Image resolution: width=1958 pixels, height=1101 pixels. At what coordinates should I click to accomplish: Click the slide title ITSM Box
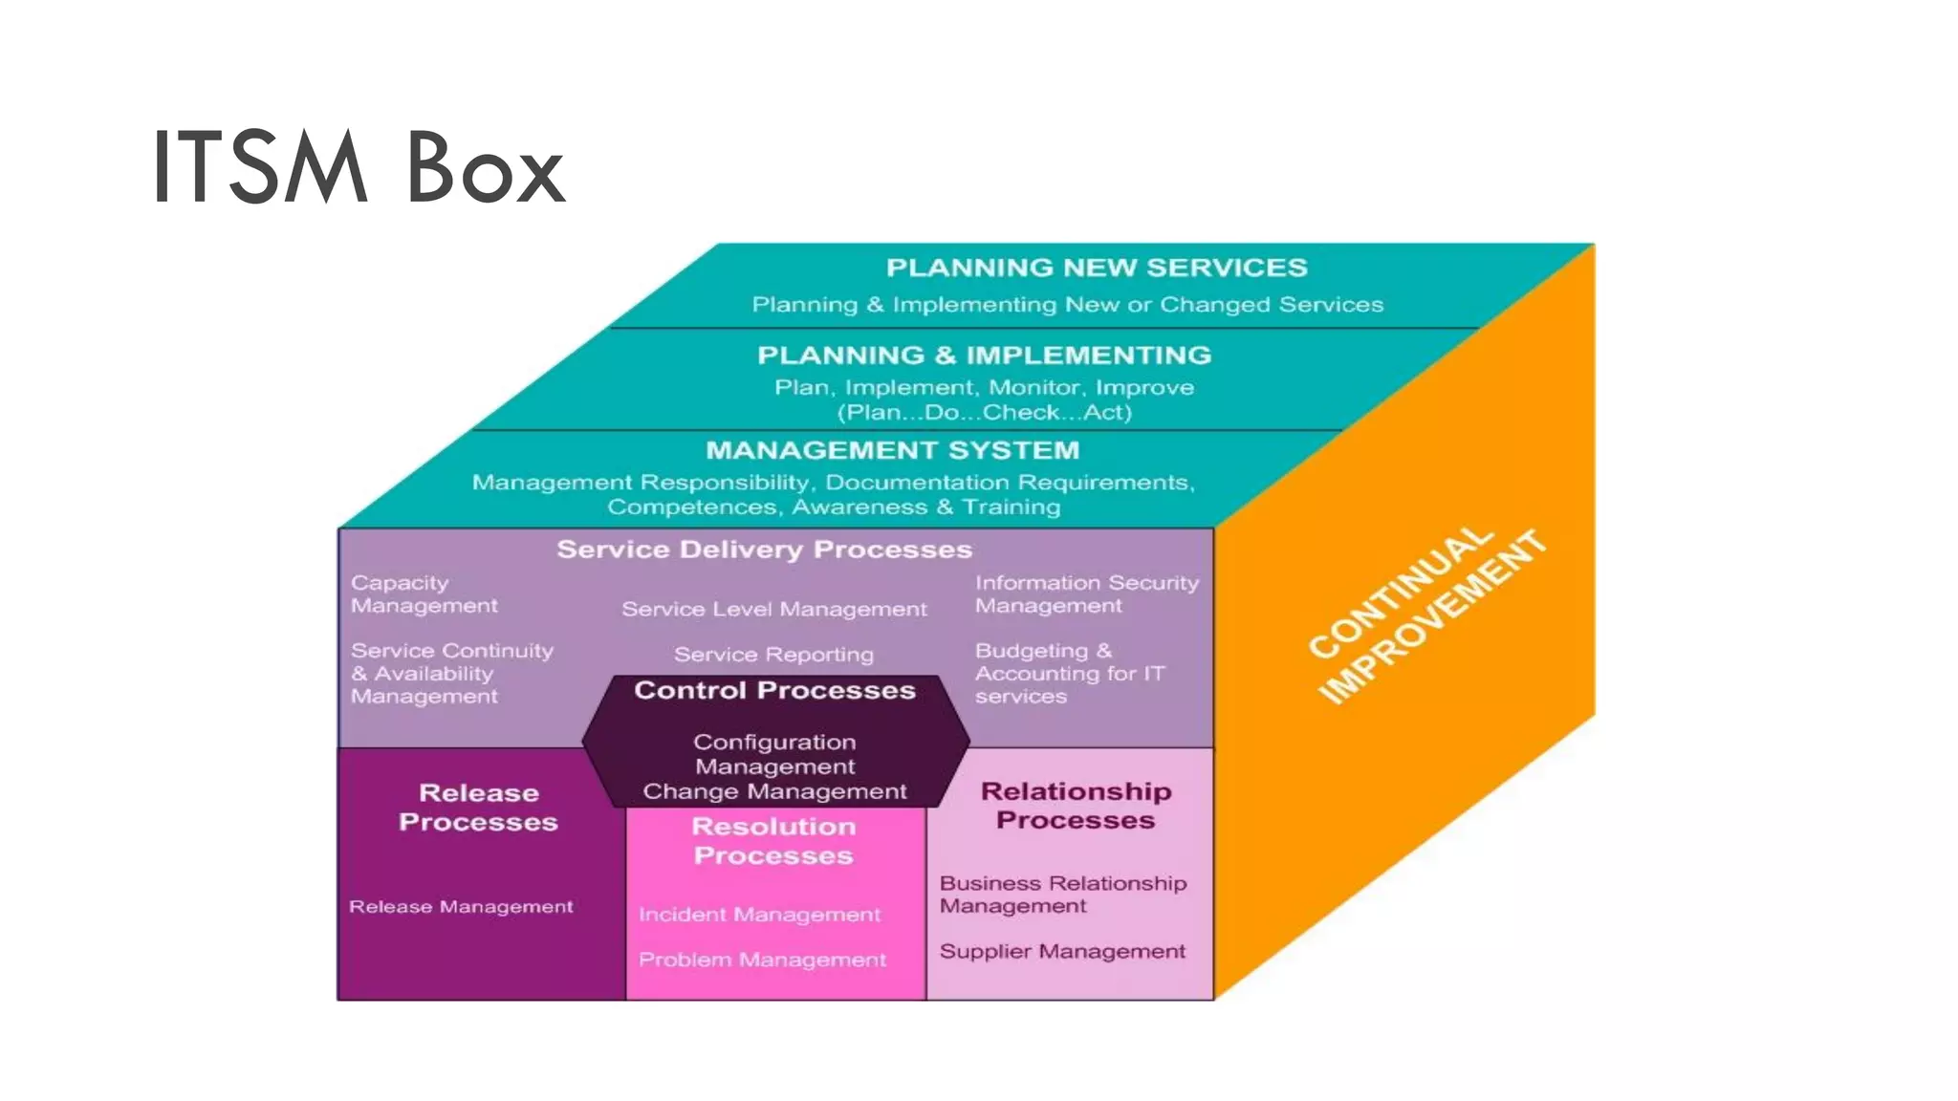(x=359, y=168)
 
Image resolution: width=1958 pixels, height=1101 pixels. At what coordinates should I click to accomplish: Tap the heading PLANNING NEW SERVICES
(x=1096, y=268)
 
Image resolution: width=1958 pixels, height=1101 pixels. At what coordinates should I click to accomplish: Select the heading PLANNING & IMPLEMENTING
(x=984, y=356)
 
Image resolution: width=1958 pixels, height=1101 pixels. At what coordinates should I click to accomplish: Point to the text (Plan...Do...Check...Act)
(x=984, y=413)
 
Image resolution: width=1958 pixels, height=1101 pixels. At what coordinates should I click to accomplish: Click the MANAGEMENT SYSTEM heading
(x=892, y=450)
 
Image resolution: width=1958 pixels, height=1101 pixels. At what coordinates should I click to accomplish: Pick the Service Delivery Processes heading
(x=764, y=550)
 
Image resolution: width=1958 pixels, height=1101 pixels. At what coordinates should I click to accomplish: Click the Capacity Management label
(x=424, y=594)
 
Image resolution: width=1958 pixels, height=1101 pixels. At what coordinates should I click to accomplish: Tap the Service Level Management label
(x=773, y=609)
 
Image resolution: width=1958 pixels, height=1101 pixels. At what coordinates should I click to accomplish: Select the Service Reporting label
(x=773, y=655)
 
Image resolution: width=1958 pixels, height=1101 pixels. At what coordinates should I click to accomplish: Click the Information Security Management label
(x=1086, y=594)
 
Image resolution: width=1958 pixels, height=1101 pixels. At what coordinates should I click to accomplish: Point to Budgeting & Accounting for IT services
(x=1069, y=674)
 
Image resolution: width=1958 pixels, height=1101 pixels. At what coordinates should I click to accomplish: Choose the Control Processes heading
(x=774, y=690)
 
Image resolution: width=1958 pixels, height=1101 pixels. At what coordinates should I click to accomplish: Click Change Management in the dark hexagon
(x=774, y=791)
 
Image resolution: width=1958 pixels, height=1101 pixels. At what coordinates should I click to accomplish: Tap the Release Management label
(x=461, y=906)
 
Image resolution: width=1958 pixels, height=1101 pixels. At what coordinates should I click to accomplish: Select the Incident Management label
(x=759, y=915)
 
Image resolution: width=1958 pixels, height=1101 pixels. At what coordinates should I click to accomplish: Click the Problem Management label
(x=762, y=960)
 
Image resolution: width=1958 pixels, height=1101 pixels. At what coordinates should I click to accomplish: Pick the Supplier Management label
(x=1061, y=951)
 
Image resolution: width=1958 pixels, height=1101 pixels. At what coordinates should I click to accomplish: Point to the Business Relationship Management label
(x=1062, y=895)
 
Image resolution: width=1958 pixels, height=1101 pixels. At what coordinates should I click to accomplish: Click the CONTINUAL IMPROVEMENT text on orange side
(x=1425, y=616)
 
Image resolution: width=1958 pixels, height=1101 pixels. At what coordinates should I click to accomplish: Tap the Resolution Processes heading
(x=773, y=841)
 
